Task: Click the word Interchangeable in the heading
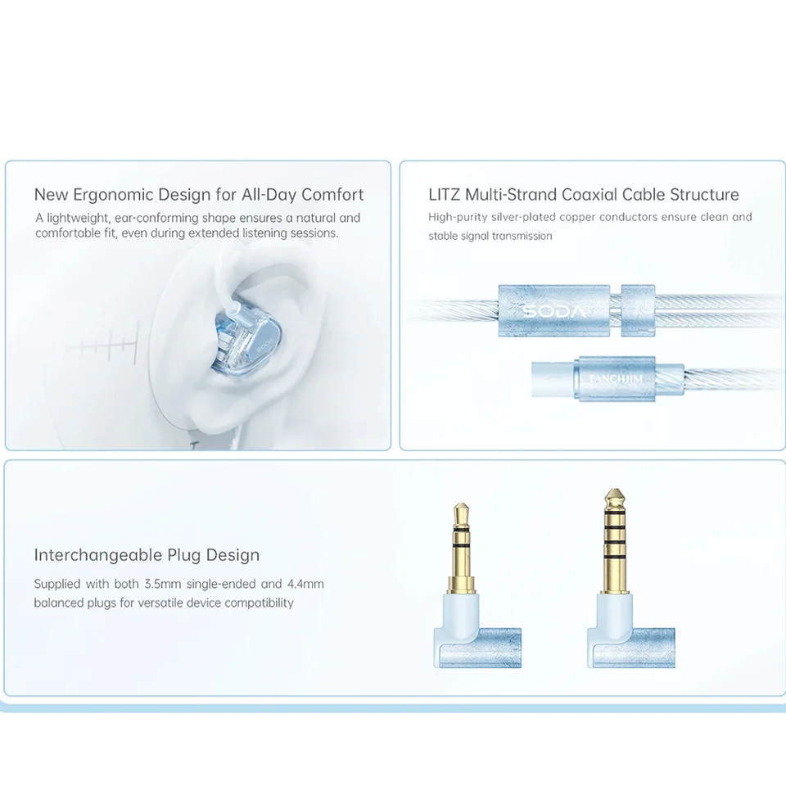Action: (x=98, y=555)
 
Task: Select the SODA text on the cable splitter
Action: (x=554, y=310)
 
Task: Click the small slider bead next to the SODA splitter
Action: (x=638, y=310)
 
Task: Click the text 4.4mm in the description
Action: (x=305, y=584)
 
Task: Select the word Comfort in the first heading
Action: (x=332, y=195)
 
